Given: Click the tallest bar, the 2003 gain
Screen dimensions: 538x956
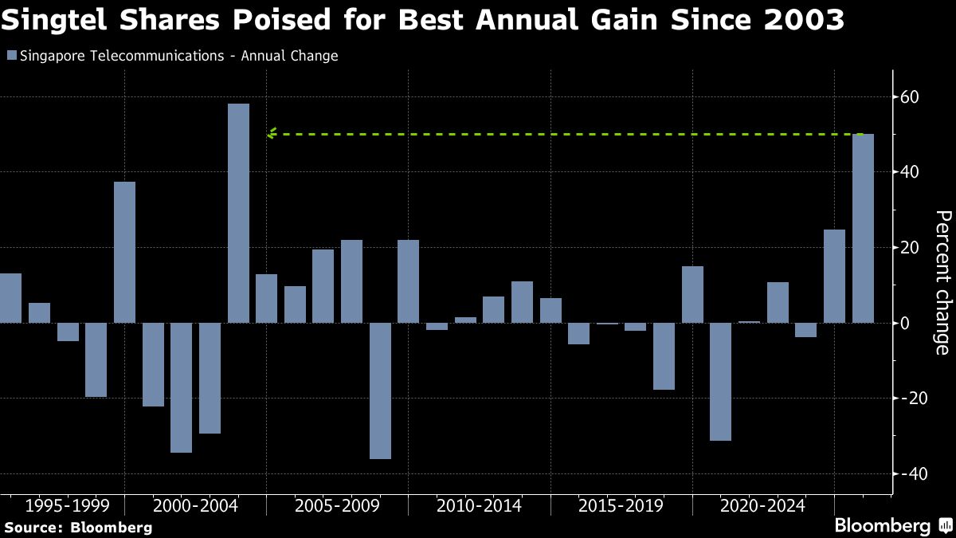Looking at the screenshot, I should click(238, 213).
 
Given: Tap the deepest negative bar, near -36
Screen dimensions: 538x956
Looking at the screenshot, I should click(381, 391).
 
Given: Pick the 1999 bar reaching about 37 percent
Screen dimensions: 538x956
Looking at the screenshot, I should click(124, 252).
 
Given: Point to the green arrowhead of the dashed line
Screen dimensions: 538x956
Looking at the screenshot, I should click(272, 134).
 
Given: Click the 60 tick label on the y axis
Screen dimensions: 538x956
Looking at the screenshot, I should click(910, 97).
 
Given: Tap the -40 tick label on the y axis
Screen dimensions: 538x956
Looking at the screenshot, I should click(907, 473).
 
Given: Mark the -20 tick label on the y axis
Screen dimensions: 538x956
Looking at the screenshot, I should click(907, 399).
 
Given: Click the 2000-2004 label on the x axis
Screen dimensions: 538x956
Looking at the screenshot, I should click(195, 506).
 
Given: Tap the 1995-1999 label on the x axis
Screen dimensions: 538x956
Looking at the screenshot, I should click(67, 506).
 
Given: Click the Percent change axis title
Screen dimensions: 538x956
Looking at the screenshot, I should click(942, 282).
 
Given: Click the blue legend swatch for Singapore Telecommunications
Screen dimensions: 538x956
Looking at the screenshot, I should click(10, 56).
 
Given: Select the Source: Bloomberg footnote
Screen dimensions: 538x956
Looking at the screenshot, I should click(78, 527).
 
